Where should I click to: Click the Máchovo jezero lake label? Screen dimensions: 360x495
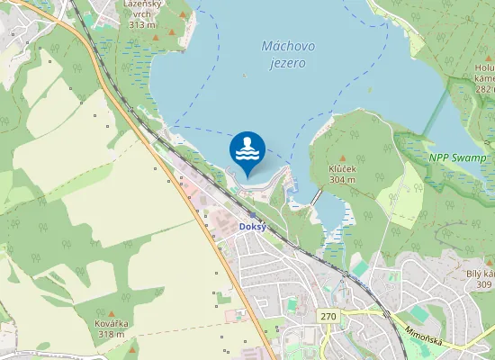(x=283, y=54)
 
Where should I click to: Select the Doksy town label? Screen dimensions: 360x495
(x=251, y=227)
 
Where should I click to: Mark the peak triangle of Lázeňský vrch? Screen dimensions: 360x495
(x=157, y=37)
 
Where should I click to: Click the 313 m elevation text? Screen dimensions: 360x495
(x=141, y=24)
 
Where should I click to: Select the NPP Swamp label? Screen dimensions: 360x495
(x=457, y=157)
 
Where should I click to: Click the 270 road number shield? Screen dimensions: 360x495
(x=328, y=316)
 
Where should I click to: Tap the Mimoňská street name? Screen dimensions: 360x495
(x=425, y=331)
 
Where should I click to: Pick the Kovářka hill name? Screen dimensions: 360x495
(x=112, y=323)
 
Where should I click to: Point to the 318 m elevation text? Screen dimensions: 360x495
(x=112, y=334)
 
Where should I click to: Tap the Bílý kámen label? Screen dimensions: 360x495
(x=481, y=274)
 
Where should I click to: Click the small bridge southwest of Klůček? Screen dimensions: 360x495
(x=316, y=195)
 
